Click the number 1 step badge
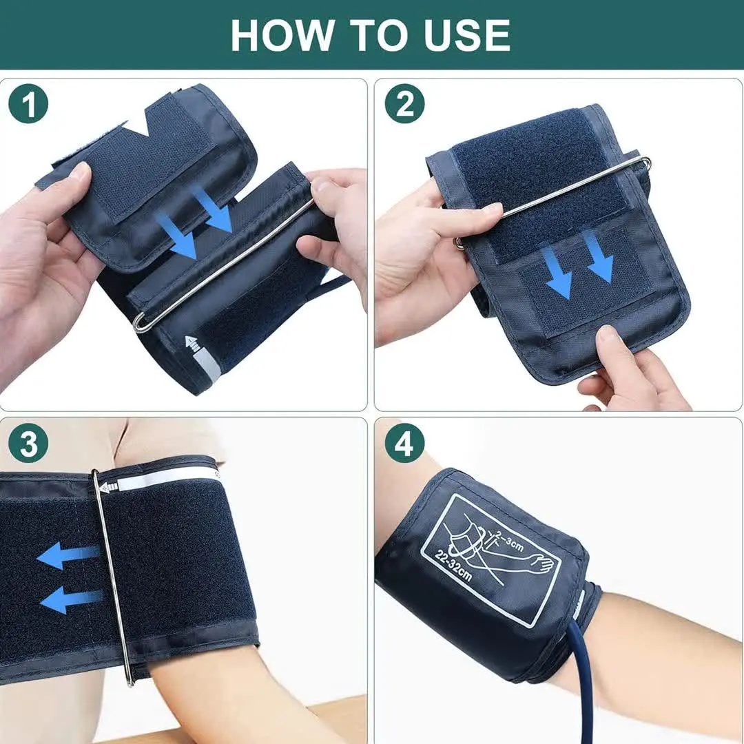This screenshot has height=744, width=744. pos(28,106)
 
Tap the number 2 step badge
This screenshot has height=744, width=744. pos(404,106)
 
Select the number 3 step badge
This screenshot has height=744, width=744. pos(28,445)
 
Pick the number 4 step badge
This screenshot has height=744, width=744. pos(404,445)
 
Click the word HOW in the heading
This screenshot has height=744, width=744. pos(281,35)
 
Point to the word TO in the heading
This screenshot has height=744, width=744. pos(375,35)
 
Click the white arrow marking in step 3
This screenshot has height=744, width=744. pos(109,488)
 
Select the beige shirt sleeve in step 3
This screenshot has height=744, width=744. pos(165,437)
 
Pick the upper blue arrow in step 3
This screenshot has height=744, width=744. pos(69,555)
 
